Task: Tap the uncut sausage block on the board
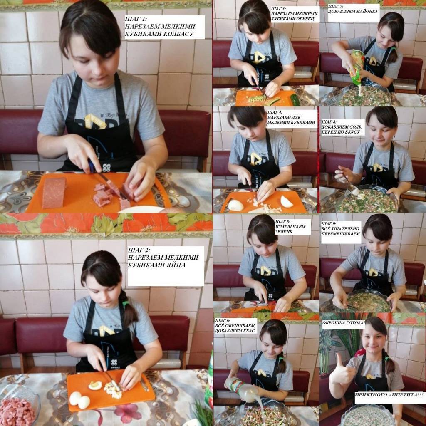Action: click(54, 193)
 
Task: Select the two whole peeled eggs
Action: click(79, 400)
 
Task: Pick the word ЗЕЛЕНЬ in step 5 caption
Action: click(284, 232)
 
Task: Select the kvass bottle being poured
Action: click(241, 389)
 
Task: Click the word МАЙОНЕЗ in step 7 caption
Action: click(364, 11)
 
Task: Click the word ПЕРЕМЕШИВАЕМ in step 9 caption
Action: click(341, 234)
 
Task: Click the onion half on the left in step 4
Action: click(235, 205)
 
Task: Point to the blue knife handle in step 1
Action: click(91, 166)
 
